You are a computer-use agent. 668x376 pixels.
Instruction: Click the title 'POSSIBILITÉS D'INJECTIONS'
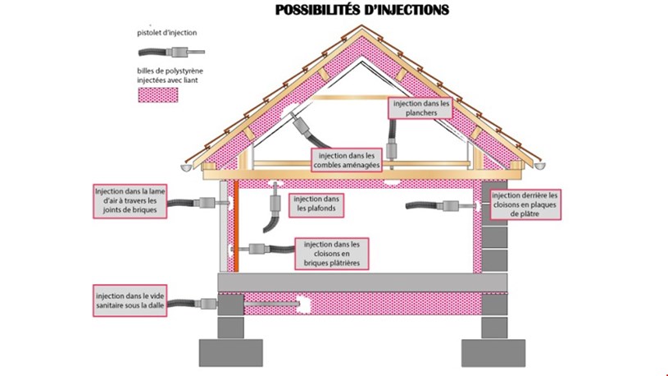pyautogui.click(x=361, y=10)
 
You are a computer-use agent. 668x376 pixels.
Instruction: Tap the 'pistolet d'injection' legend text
pyautogui.click(x=167, y=33)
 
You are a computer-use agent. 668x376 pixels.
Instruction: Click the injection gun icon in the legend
pyautogui.click(x=171, y=53)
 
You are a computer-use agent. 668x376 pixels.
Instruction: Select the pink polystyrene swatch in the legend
pyautogui.click(x=158, y=94)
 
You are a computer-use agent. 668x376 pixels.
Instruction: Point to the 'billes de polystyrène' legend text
pyautogui.click(x=170, y=71)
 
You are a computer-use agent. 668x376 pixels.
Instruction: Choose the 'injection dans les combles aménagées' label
pyautogui.click(x=347, y=160)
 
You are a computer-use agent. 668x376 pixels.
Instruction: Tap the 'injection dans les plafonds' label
pyautogui.click(x=316, y=204)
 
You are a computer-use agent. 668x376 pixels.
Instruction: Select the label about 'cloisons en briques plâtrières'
pyautogui.click(x=332, y=254)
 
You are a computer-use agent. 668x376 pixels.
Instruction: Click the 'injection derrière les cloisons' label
pyautogui.click(x=525, y=205)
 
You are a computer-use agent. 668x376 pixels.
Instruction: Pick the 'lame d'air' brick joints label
pyautogui.click(x=130, y=201)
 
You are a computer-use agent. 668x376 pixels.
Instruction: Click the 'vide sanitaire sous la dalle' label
pyautogui.click(x=130, y=300)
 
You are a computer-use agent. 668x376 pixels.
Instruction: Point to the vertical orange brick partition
pyautogui.click(x=236, y=226)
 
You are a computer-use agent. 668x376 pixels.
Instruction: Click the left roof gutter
pyautogui.click(x=187, y=167)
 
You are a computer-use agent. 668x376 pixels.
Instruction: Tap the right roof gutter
pyautogui.click(x=540, y=166)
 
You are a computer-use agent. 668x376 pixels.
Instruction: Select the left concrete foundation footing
pyautogui.click(x=231, y=352)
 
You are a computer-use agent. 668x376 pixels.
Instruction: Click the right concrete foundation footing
pyautogui.click(x=493, y=352)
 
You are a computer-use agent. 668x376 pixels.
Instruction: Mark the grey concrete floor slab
pyautogui.click(x=362, y=282)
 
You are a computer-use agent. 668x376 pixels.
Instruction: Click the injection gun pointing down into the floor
pyautogui.click(x=392, y=143)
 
